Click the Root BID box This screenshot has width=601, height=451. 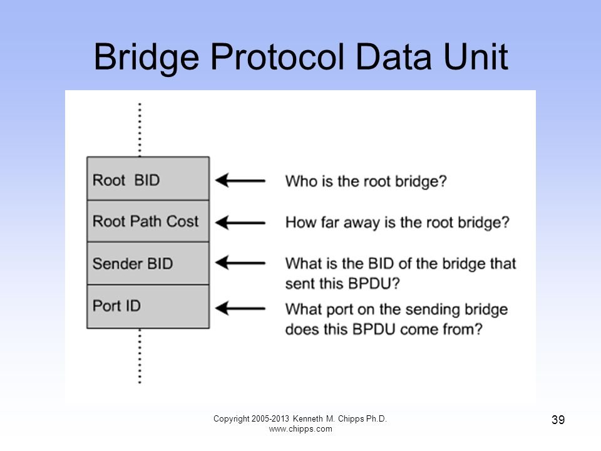click(x=148, y=180)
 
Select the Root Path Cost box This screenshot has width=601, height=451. click(x=148, y=221)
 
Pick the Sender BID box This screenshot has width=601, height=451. click(x=148, y=263)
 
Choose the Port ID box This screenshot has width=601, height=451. click(x=148, y=306)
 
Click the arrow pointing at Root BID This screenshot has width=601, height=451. click(x=240, y=181)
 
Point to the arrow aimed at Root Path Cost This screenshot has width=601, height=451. click(x=240, y=222)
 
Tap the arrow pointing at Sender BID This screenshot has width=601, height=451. click(x=240, y=264)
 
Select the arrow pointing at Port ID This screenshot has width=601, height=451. click(x=240, y=308)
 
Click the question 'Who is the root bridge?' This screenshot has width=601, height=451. click(x=366, y=181)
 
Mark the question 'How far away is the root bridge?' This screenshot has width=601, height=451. click(x=397, y=222)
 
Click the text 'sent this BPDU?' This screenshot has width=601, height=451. click(x=342, y=283)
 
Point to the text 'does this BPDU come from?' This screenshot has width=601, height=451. click(x=384, y=329)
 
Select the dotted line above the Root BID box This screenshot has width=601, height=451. click(x=139, y=129)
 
